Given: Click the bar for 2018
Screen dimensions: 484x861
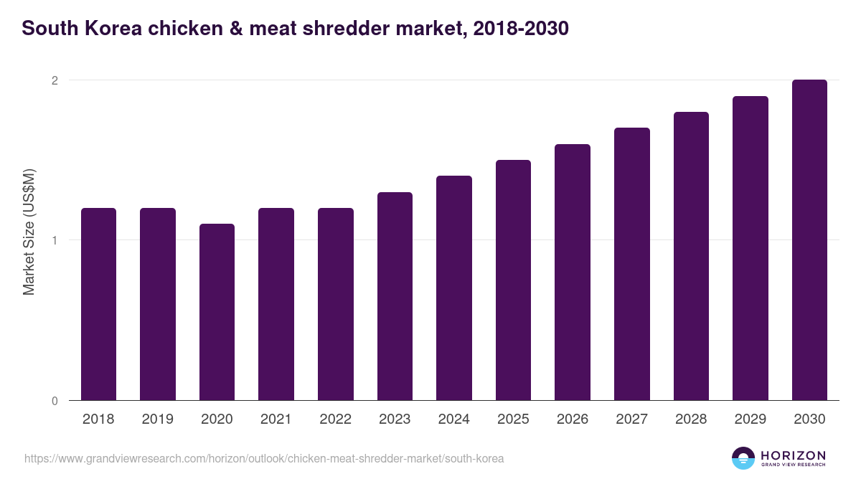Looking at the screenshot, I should click(x=98, y=304).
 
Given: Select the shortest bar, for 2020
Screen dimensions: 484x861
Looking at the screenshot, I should click(x=217, y=312).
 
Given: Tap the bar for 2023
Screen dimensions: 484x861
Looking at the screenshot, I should click(x=395, y=296).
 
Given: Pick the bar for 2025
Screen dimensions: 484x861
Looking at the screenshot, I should click(x=513, y=280).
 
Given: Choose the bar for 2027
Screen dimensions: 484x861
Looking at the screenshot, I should click(x=631, y=264).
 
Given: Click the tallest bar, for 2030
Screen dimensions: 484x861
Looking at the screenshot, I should click(x=809, y=239).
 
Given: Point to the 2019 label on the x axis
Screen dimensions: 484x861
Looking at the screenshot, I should click(x=157, y=419).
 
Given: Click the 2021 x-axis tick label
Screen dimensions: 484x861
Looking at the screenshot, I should click(x=276, y=419).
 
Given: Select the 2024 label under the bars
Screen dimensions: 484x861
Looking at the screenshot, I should click(x=453, y=419).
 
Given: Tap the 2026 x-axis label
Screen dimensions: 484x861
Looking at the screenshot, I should click(x=573, y=419).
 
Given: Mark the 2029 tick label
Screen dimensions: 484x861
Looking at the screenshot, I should click(x=750, y=419).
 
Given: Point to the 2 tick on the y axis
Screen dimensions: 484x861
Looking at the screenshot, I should click(x=54, y=80).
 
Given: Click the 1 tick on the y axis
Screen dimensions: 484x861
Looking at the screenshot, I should click(x=54, y=240).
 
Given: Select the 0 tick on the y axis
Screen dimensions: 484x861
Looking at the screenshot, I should click(x=54, y=401).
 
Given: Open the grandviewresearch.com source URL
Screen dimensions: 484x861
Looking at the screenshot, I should click(x=264, y=458).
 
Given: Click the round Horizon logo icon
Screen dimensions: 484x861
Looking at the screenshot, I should click(x=743, y=458).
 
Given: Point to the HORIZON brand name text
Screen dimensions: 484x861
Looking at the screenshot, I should click(x=793, y=455).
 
